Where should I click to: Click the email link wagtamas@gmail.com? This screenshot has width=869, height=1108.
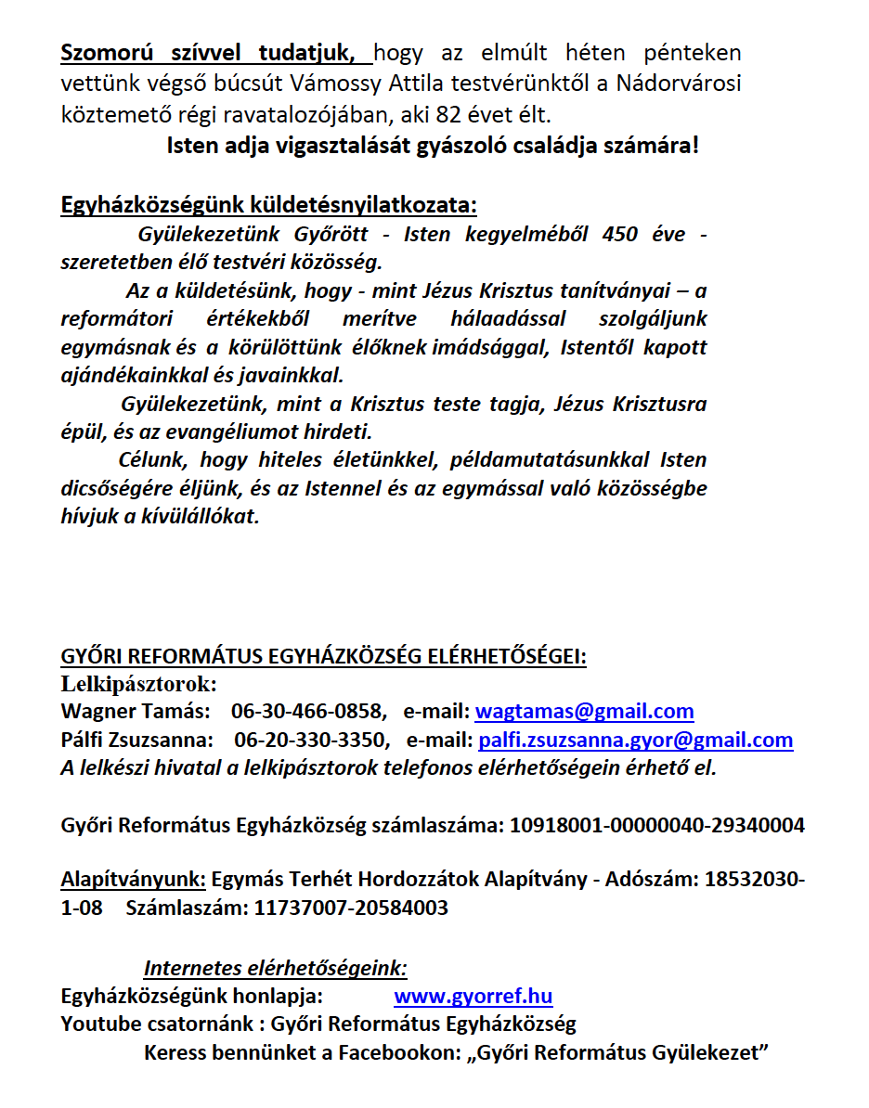[584, 712]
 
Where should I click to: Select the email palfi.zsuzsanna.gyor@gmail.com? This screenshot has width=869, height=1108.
[635, 740]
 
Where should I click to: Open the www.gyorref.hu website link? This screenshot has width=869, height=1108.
[473, 997]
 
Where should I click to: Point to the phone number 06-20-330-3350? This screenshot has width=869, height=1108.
[311, 740]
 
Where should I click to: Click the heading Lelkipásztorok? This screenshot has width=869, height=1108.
[138, 685]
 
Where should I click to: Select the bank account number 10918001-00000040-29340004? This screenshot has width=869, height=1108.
[657, 824]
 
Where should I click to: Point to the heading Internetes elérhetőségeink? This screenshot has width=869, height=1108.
[275, 969]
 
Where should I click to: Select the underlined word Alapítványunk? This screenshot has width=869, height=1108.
[133, 879]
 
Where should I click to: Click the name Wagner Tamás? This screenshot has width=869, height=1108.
[135, 712]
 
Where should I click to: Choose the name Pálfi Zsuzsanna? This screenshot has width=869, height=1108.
[136, 740]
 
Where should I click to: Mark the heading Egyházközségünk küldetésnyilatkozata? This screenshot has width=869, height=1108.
[269, 204]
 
